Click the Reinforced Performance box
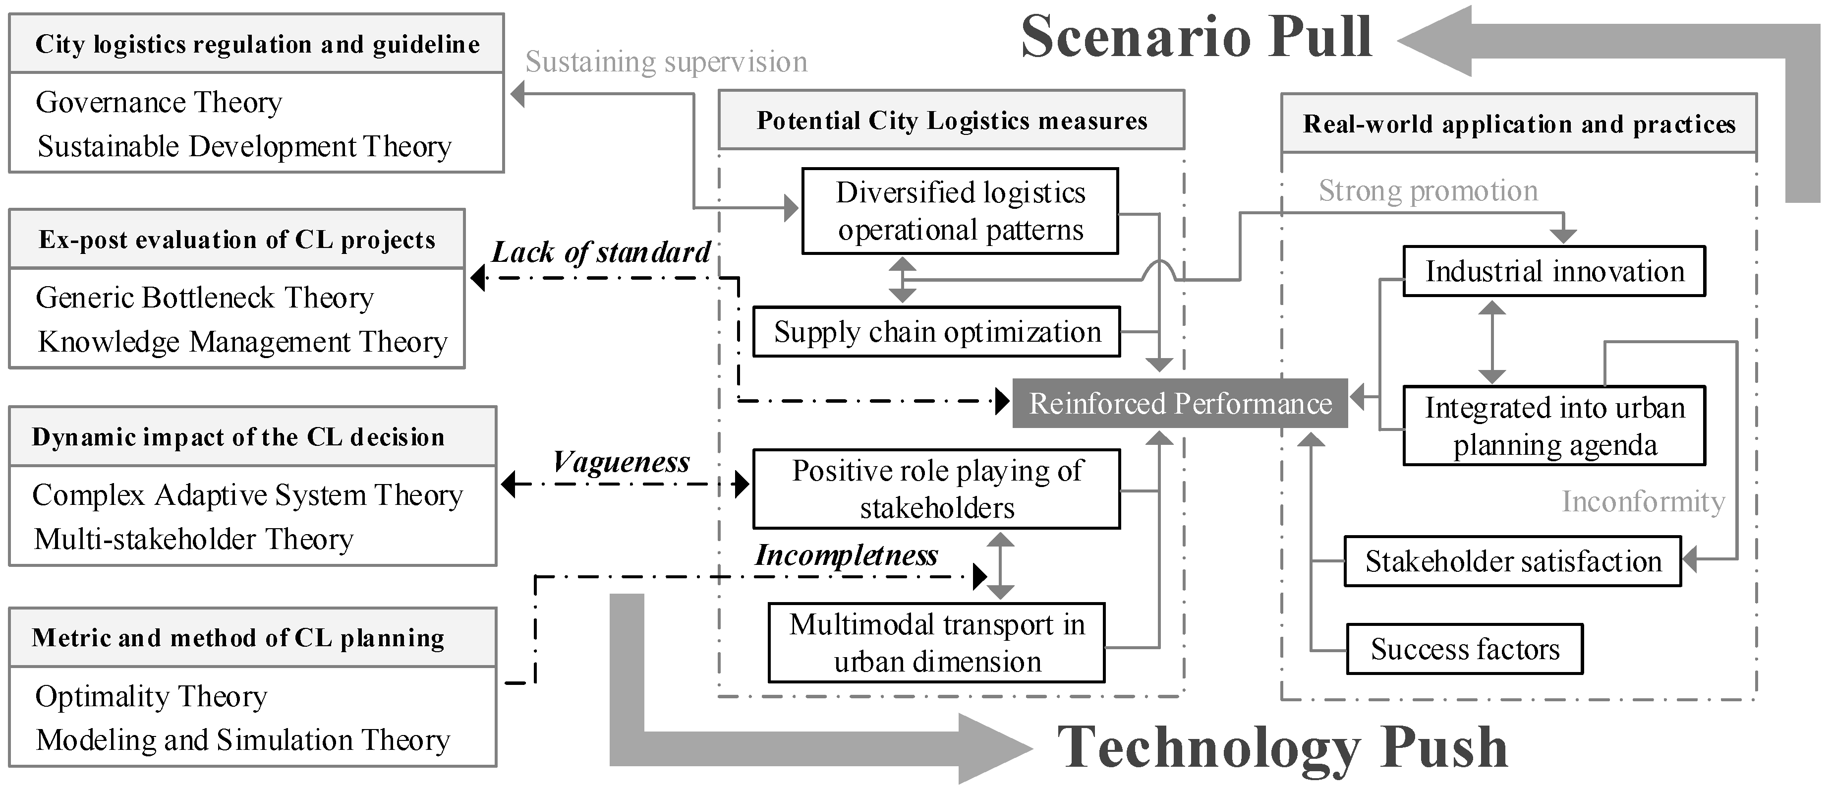1180,403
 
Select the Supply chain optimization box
936,332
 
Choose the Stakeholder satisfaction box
1512,561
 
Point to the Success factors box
1465,649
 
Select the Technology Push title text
1282,748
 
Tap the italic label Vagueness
621,462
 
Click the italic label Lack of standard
601,252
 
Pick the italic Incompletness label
846,555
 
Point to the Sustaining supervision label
666,62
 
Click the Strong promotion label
1428,190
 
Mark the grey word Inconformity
1643,502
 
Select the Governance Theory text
159,102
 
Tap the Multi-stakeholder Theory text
193,540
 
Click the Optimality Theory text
151,696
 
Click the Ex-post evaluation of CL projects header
236,240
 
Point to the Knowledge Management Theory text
242,342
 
